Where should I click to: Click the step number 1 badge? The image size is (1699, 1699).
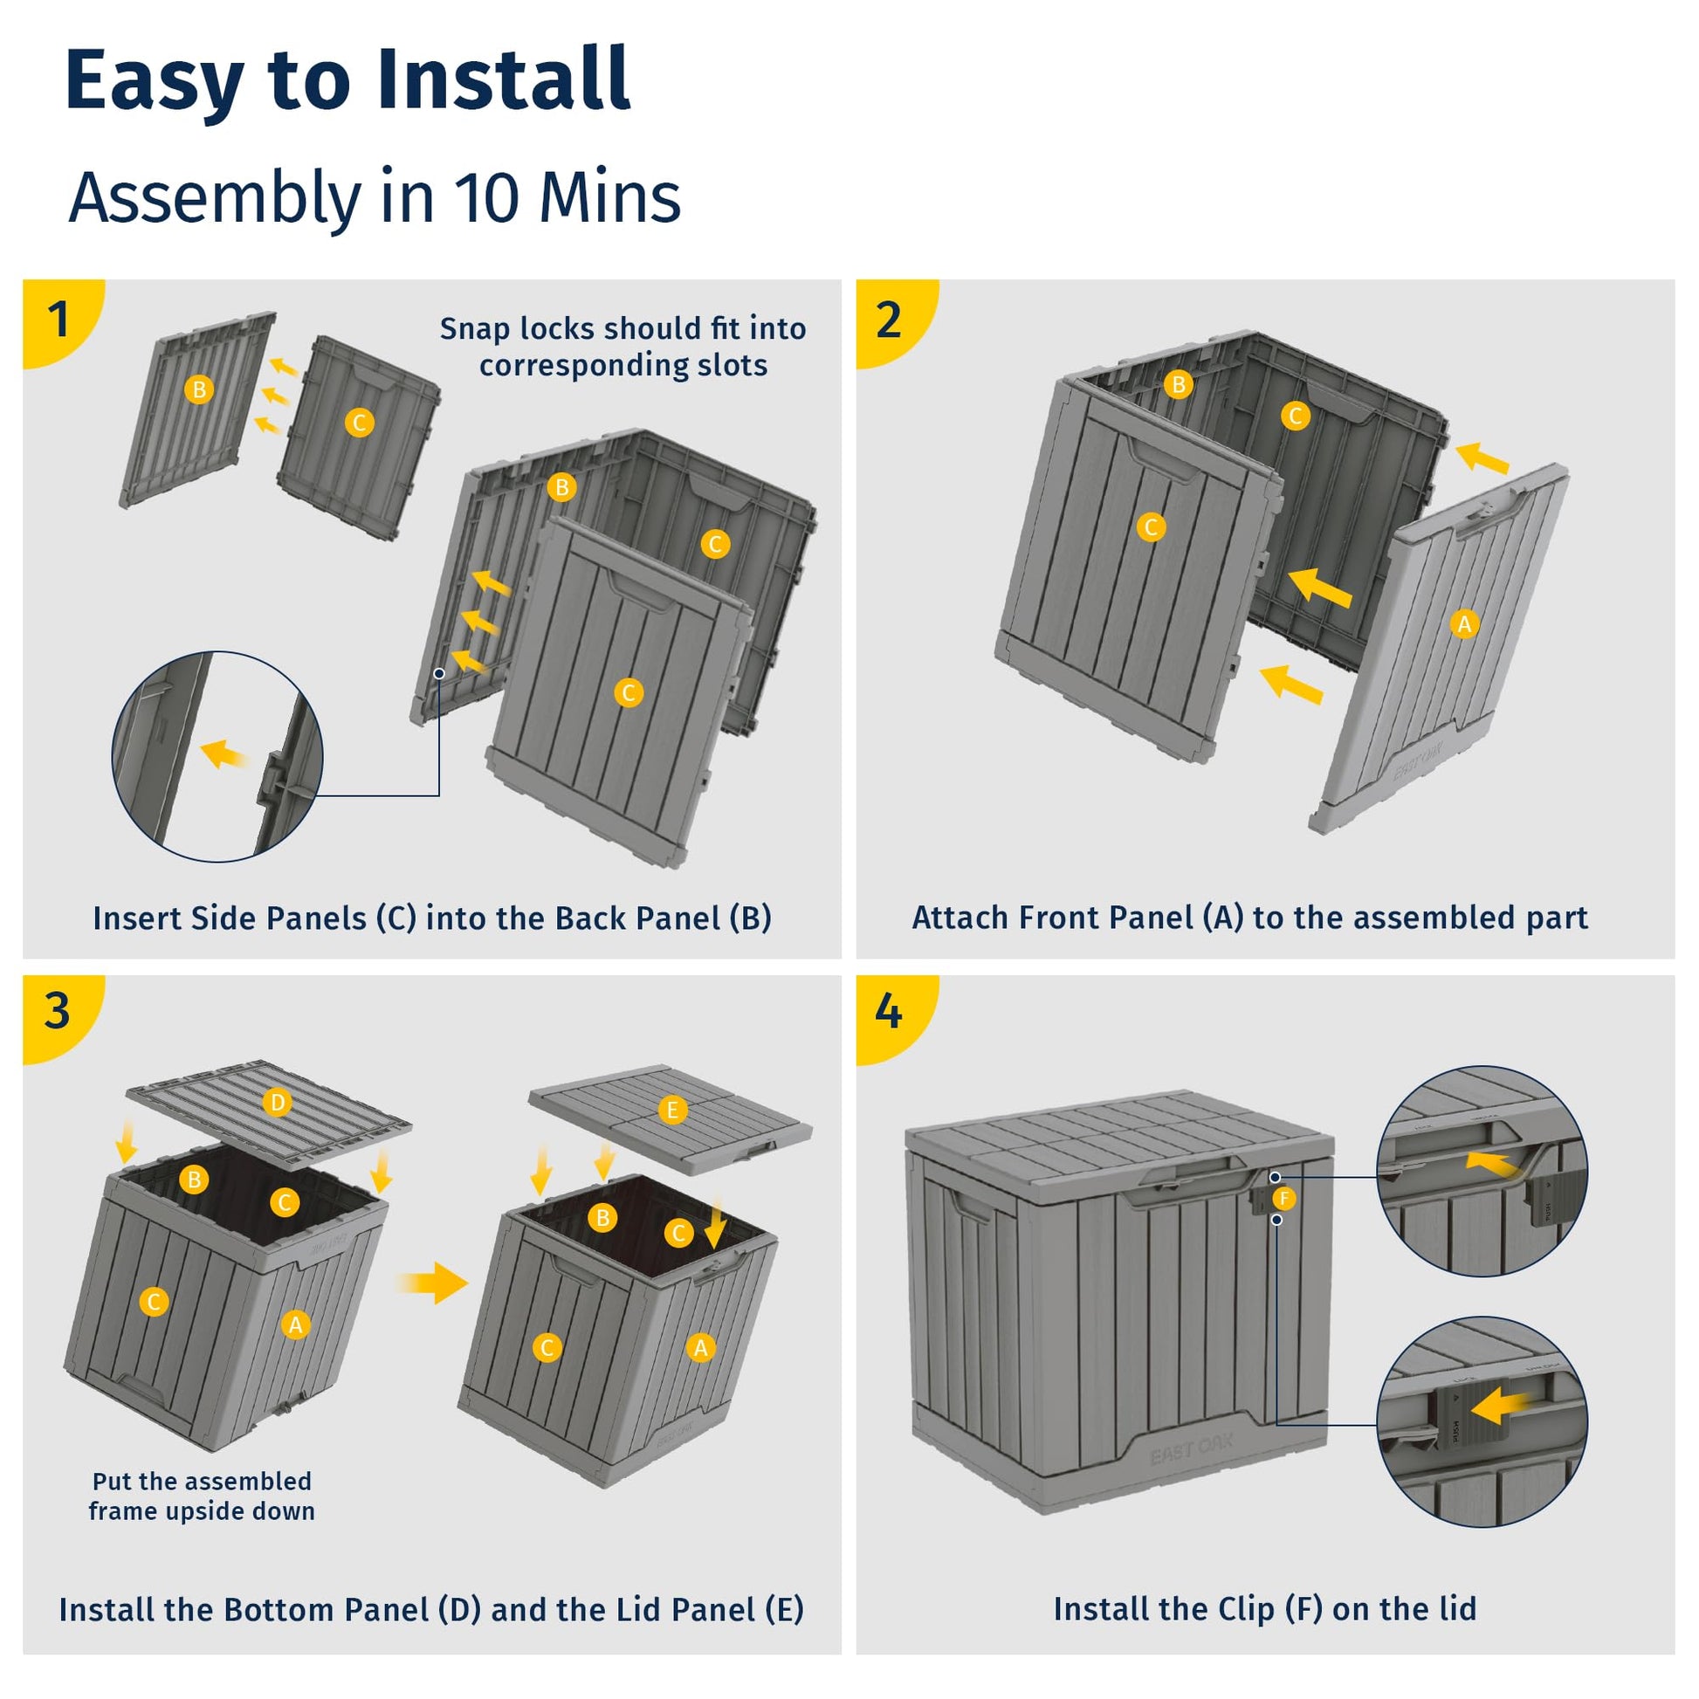[58, 319]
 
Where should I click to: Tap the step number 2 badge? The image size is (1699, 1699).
[889, 320]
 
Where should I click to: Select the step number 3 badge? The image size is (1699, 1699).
[57, 1010]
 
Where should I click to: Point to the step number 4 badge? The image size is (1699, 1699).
[888, 1011]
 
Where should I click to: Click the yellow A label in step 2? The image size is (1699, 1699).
[1464, 624]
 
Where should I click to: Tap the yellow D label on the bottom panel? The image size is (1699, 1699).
[277, 1102]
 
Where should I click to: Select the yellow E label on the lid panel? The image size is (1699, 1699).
[673, 1110]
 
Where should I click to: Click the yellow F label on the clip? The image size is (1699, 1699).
[1285, 1198]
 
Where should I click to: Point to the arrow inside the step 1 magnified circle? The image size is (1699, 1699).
[224, 753]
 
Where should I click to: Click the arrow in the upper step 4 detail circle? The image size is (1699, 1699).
[1491, 1164]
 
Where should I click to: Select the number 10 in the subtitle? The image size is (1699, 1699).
[485, 196]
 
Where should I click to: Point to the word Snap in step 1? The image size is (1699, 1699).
[474, 328]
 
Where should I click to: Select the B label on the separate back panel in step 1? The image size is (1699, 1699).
[200, 389]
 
